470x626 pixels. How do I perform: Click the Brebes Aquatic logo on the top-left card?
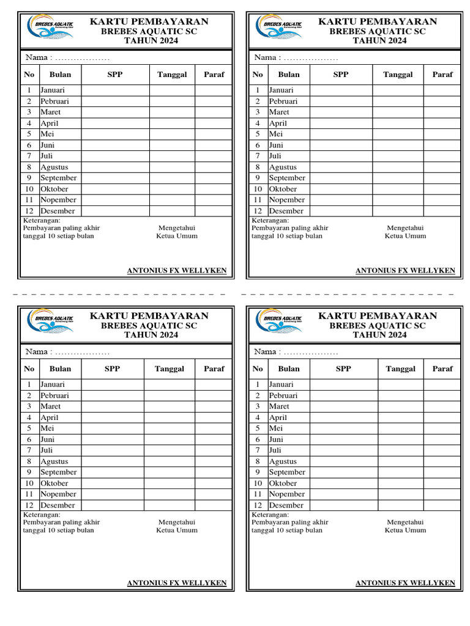[x=51, y=27]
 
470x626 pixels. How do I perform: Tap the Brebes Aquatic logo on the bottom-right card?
[x=280, y=321]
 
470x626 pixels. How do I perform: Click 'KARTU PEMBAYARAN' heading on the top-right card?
[x=378, y=21]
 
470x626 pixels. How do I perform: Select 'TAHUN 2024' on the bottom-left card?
[x=149, y=335]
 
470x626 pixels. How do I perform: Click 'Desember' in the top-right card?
[x=286, y=211]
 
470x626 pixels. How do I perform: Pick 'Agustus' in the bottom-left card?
[x=54, y=462]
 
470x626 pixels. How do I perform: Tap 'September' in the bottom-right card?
[x=286, y=472]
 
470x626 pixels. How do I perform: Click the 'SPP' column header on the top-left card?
[x=114, y=75]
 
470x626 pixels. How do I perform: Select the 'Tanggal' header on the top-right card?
[x=398, y=75]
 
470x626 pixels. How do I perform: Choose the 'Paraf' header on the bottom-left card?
[x=214, y=369]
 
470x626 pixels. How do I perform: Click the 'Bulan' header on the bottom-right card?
[x=289, y=369]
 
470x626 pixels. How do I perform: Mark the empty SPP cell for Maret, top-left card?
[x=115, y=112]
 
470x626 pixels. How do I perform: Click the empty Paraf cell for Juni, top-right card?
[x=442, y=145]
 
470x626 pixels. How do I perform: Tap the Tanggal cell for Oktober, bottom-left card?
[x=170, y=483]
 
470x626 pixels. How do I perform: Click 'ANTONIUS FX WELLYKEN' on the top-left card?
[x=177, y=271]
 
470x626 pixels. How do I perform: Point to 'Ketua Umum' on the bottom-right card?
[x=405, y=530]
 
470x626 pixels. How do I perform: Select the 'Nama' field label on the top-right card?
[x=266, y=57]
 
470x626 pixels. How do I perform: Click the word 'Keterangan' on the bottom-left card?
[x=41, y=515]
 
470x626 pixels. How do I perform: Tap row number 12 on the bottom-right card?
[x=258, y=505]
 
